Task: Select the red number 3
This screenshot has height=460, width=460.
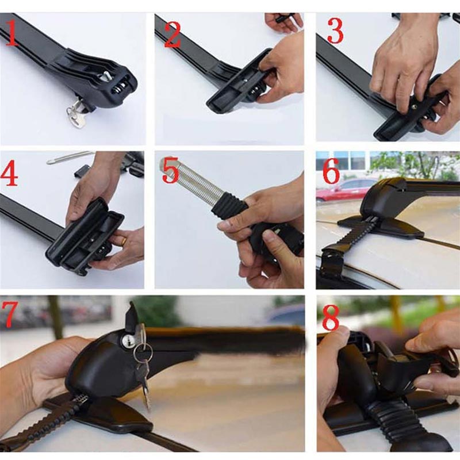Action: click(x=336, y=32)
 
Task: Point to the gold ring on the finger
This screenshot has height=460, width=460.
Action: click(x=123, y=241)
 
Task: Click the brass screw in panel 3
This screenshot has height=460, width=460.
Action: click(x=413, y=105)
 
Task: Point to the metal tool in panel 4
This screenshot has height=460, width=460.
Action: click(x=69, y=157)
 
